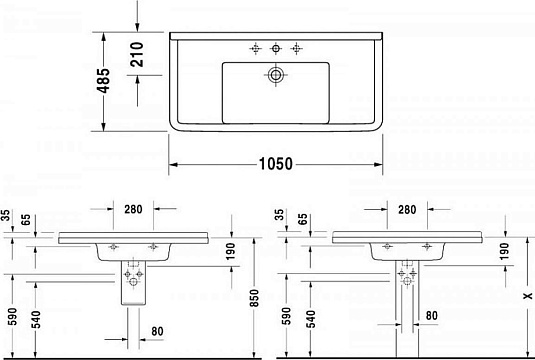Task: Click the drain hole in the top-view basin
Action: tap(276, 75)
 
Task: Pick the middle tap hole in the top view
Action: tap(276, 48)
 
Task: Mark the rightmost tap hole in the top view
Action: tap(296, 48)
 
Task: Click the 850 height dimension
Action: tap(254, 299)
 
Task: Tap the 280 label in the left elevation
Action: tap(134, 211)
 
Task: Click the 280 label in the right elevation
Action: tap(406, 211)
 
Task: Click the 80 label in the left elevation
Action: tap(157, 331)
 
